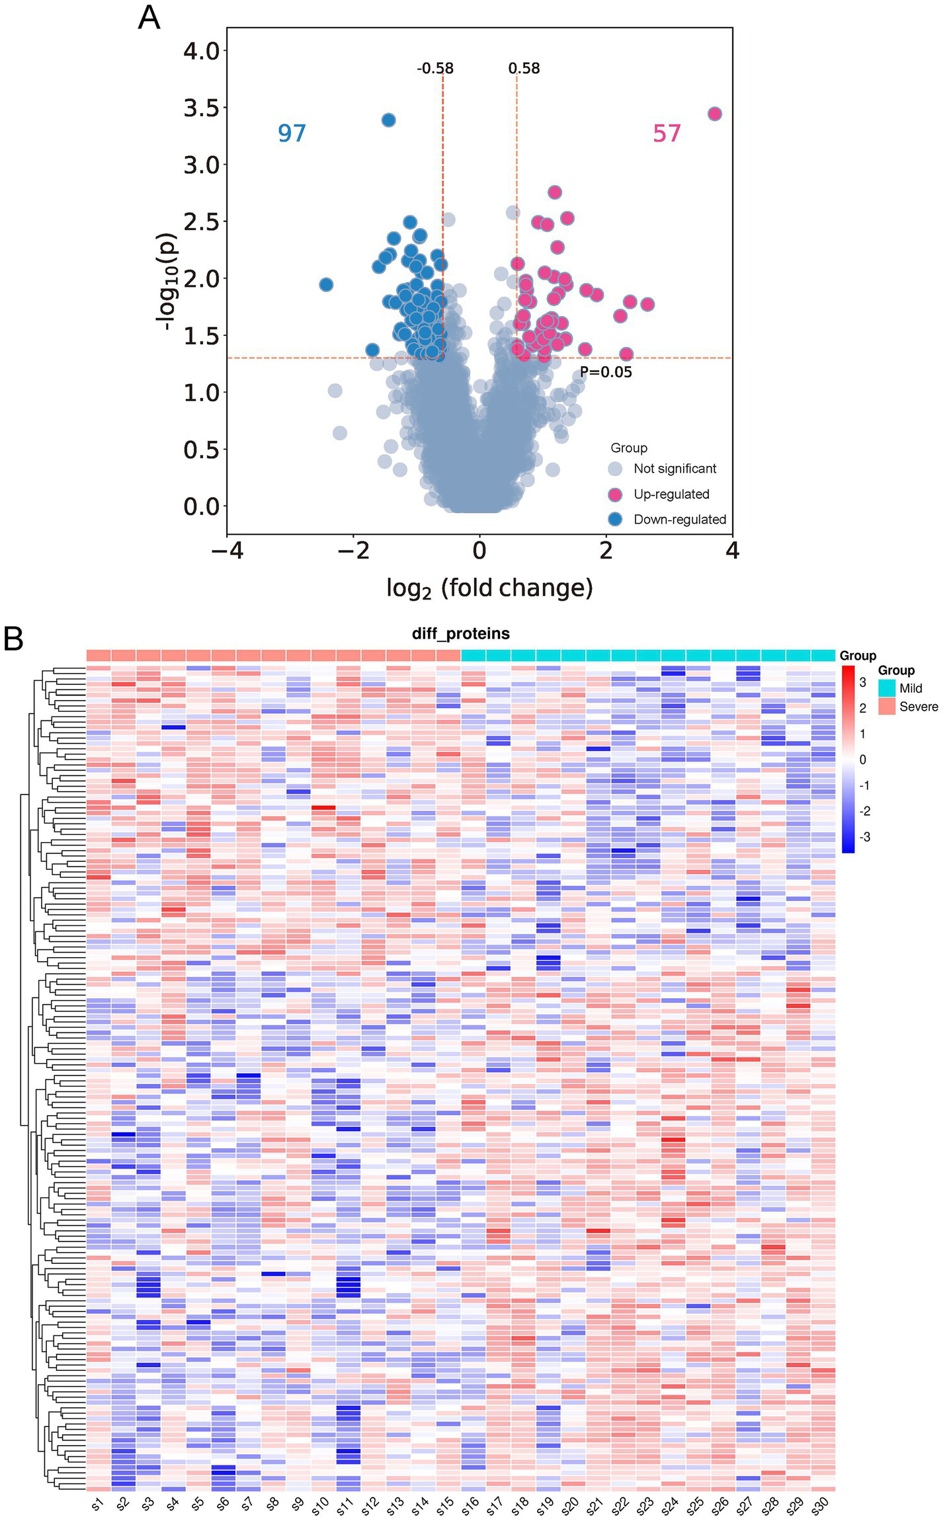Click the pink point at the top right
[x=714, y=114]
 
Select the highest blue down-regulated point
[x=389, y=120]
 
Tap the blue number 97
[x=292, y=134]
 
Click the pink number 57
[x=667, y=134]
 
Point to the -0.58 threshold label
[x=435, y=69]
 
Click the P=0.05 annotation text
[x=606, y=372]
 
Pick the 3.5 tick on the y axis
[x=201, y=108]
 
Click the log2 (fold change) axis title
[x=489, y=588]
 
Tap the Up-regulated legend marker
[x=616, y=494]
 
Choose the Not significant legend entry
[x=675, y=469]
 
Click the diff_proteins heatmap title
[x=461, y=634]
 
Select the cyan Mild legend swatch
[x=887, y=688]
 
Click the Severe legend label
[x=919, y=707]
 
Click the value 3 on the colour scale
[x=862, y=683]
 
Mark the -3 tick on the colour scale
[x=864, y=837]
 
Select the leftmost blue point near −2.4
[x=326, y=285]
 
